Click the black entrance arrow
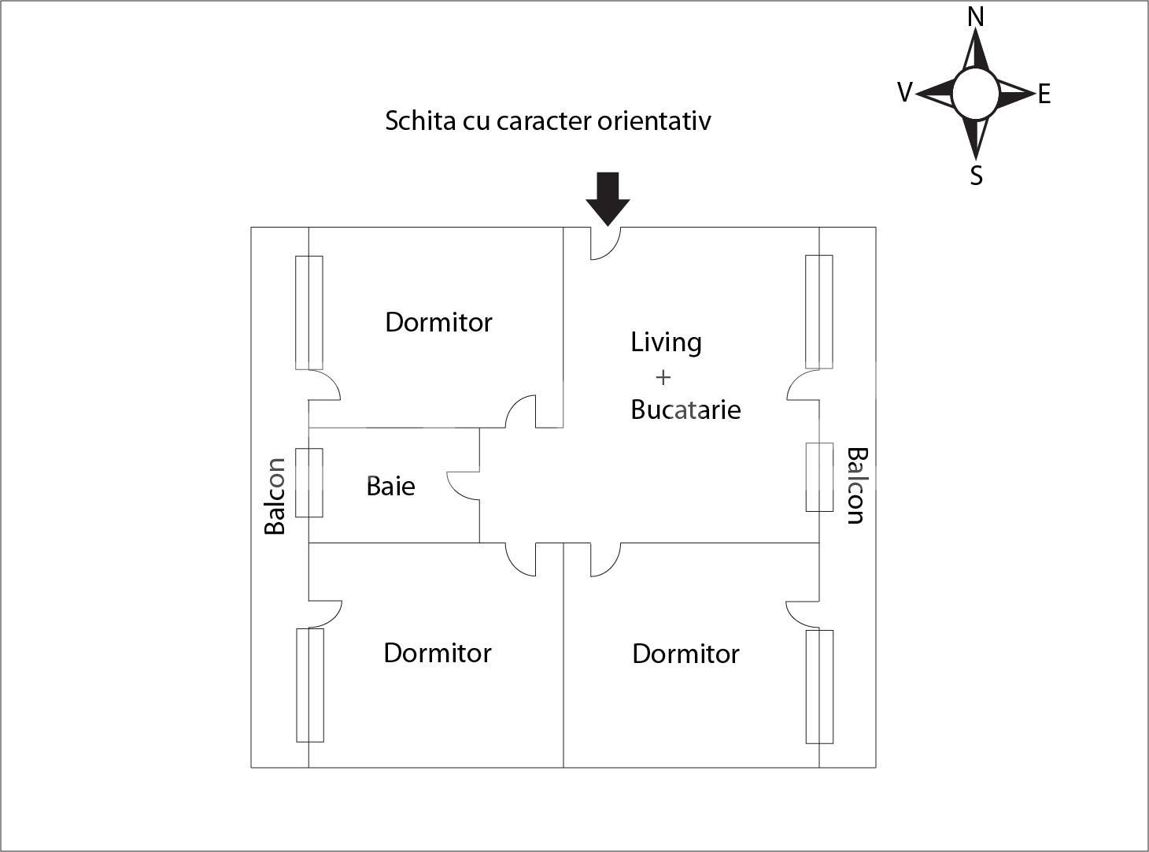coord(608,198)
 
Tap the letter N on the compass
coord(976,17)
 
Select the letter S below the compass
coord(976,175)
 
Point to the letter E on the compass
coord(1044,94)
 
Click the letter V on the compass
coord(905,93)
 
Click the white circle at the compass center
coord(976,93)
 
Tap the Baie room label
coord(390,486)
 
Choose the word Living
coord(666,343)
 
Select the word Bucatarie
coord(685,409)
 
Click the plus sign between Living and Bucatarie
coord(663,377)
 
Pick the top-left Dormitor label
coord(438,322)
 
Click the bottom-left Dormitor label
coord(437,653)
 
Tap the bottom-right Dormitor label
coord(685,654)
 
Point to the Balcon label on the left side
coord(275,496)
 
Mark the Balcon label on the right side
coord(855,485)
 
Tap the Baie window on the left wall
coord(309,483)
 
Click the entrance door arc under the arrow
coord(606,245)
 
